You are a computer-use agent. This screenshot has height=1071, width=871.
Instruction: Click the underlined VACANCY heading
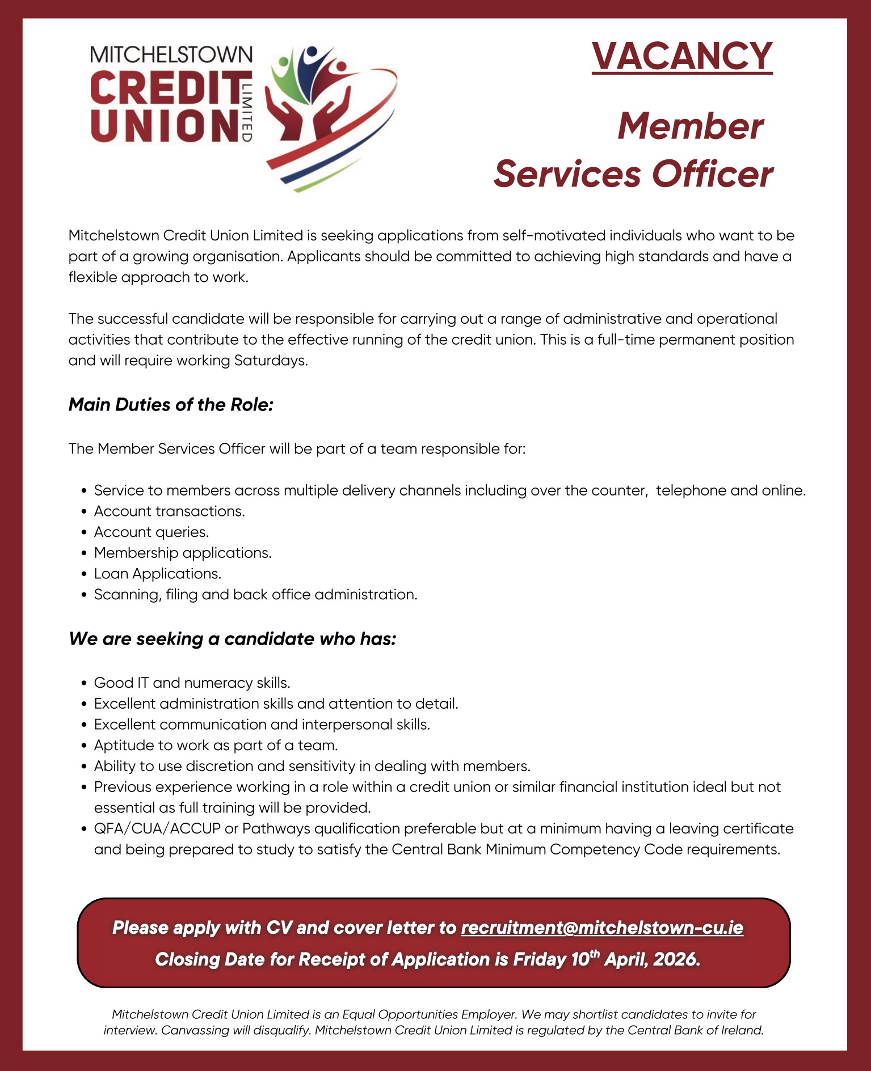pos(681,56)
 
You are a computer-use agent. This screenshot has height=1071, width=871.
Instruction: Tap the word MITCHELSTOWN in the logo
pos(171,54)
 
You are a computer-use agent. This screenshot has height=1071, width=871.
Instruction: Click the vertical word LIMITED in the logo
pos(246,111)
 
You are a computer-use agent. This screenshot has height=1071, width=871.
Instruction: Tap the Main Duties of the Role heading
pos(171,405)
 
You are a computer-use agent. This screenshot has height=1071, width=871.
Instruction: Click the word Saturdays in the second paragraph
pos(270,361)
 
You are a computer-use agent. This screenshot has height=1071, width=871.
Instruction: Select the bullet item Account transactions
pos(169,511)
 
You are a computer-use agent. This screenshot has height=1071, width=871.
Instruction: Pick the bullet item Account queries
pos(151,532)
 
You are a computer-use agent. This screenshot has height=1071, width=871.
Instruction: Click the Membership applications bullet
pos(183,553)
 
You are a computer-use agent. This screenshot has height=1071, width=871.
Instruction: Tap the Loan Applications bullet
pos(157,574)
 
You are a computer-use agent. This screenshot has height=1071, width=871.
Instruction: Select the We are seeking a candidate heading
pos(232,639)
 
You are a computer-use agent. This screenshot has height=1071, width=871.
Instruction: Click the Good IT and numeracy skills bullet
pos(192,683)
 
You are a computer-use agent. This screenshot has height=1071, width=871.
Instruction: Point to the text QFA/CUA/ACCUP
pos(157,829)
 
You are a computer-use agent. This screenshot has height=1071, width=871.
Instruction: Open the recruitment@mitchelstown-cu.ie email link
pos(602,928)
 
